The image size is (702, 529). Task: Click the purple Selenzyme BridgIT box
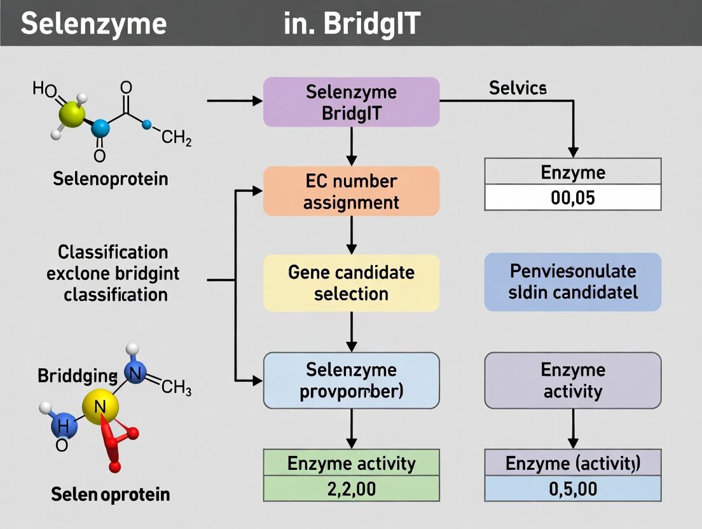(351, 102)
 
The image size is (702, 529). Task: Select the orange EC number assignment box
(351, 191)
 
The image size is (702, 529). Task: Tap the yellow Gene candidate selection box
(351, 283)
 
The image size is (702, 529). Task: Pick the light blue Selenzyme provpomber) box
(351, 380)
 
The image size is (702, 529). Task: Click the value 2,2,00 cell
(351, 489)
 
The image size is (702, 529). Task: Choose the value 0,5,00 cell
(573, 489)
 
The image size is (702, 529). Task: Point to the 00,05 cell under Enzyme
(573, 198)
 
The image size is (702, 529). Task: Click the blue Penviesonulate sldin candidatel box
(573, 282)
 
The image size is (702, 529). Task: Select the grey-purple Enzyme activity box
(573, 380)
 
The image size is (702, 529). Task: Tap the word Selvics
(518, 88)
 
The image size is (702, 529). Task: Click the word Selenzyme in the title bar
(93, 24)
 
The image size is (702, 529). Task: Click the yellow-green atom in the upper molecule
(71, 114)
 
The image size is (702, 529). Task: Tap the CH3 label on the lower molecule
(176, 387)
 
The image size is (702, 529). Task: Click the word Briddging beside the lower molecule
(77, 376)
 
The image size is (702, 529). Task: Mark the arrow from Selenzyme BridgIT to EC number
(351, 146)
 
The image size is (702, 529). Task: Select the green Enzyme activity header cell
(351, 463)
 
